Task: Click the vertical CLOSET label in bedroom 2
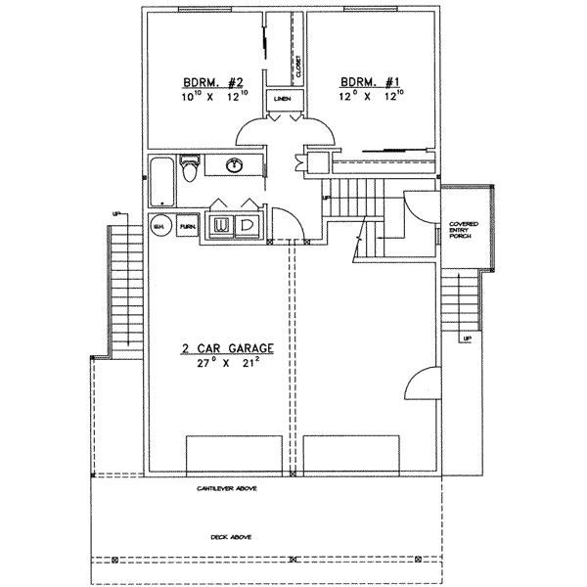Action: point(297,67)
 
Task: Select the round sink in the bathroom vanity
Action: point(235,165)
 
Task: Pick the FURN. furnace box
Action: point(186,226)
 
